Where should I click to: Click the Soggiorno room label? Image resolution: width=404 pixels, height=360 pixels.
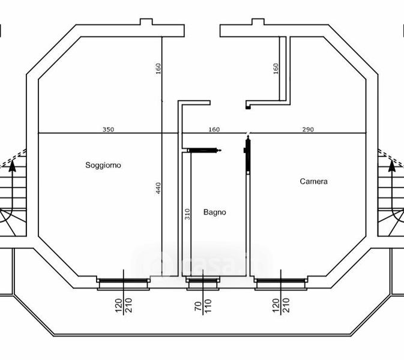tap(103, 165)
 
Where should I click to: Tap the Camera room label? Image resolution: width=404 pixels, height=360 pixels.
tap(313, 181)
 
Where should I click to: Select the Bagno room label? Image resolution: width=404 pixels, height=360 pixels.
tap(215, 212)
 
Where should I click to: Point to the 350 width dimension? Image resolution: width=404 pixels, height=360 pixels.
tap(108, 129)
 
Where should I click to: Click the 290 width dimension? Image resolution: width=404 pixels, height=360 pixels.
tap(308, 129)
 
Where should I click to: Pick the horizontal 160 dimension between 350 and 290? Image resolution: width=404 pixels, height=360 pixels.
tap(214, 129)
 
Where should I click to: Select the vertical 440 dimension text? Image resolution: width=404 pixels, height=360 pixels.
tap(158, 188)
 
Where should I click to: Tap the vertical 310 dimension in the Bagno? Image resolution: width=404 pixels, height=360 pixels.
tap(187, 214)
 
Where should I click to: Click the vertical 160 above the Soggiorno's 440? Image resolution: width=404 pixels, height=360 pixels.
tap(158, 69)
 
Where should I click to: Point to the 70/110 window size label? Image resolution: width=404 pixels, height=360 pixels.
tap(203, 305)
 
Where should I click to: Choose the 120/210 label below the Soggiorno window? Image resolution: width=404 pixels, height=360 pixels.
tap(124, 305)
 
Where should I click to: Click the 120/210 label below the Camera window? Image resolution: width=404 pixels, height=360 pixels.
tap(281, 305)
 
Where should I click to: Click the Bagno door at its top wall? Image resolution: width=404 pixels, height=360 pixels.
tap(204, 150)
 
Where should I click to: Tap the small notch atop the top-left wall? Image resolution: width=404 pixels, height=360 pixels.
tap(146, 22)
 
